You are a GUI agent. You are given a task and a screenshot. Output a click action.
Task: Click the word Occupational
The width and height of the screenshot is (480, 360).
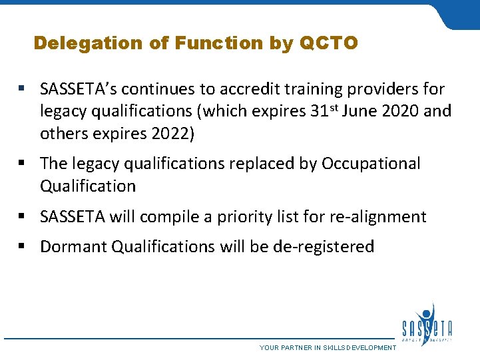point(371,164)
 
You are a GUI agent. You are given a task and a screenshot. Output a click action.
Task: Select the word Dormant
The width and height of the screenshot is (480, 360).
point(74,247)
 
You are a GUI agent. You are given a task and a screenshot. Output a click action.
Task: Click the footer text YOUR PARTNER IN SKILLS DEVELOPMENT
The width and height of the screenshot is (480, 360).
point(328,348)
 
